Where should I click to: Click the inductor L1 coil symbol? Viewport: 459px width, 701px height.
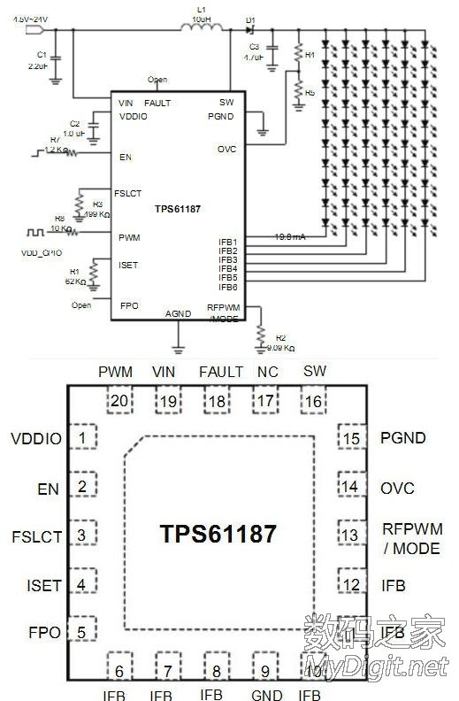(x=201, y=28)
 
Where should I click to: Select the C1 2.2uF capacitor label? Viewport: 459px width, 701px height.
(x=38, y=60)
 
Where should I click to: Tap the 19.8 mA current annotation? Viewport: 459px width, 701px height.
(x=289, y=236)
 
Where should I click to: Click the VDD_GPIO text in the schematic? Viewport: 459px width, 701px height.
(x=41, y=251)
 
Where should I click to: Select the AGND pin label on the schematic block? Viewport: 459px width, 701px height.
(x=177, y=313)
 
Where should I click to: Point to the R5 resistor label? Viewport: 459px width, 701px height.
(x=310, y=92)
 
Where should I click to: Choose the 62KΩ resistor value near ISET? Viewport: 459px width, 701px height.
(x=73, y=281)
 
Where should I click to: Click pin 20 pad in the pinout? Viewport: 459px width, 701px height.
(x=119, y=400)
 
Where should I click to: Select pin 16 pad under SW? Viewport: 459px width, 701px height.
(x=314, y=400)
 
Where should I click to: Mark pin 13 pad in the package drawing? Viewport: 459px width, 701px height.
(x=351, y=535)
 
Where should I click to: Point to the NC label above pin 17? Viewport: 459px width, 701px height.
(x=266, y=372)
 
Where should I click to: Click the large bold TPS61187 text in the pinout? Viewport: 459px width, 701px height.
(x=218, y=534)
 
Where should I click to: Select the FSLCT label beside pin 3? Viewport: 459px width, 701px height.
(x=37, y=535)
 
